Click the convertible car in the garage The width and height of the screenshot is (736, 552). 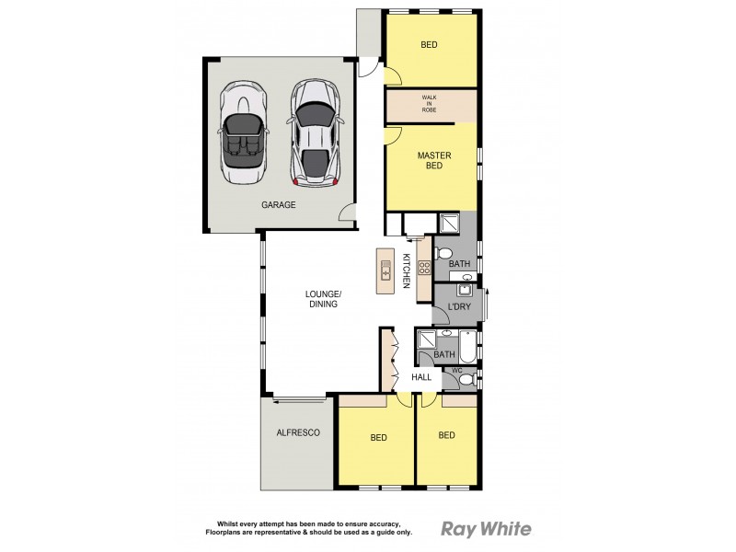pyautogui.click(x=243, y=131)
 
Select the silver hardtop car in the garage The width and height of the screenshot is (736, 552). pyautogui.click(x=314, y=131)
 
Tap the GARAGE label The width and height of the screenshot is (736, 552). pyautogui.click(x=278, y=205)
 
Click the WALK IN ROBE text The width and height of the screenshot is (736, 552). pyautogui.click(x=430, y=103)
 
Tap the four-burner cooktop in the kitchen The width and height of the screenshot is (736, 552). pyautogui.click(x=424, y=269)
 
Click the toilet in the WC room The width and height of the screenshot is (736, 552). pyautogui.click(x=466, y=378)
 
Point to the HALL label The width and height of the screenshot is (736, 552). pyautogui.click(x=421, y=377)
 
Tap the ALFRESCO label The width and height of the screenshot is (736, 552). pyautogui.click(x=298, y=432)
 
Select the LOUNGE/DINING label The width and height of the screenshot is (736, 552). pyautogui.click(x=323, y=299)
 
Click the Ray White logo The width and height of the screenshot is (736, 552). pyautogui.click(x=486, y=528)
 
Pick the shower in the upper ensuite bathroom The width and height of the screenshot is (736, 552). pyautogui.click(x=450, y=224)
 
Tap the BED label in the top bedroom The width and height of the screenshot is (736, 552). pyautogui.click(x=430, y=44)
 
